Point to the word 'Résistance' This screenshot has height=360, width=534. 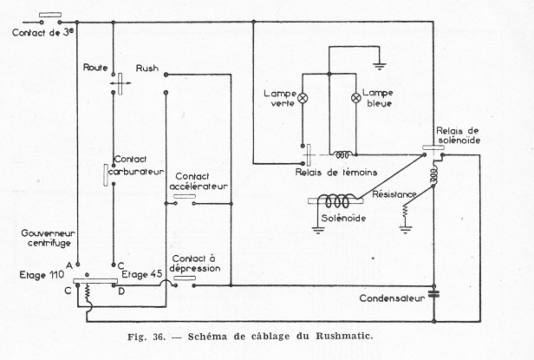tap(396, 194)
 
